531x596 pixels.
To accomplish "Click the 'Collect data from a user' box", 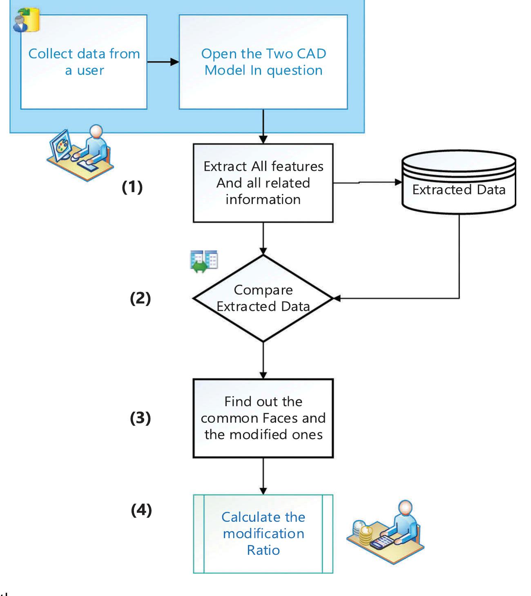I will pyautogui.click(x=84, y=62).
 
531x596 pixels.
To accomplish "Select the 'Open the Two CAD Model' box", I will pyautogui.click(x=263, y=62).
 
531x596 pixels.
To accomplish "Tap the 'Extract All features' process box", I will pyautogui.click(x=263, y=183).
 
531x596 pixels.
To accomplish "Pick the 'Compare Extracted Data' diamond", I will pyautogui.click(x=263, y=298).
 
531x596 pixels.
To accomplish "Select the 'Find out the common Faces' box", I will pyautogui.click(x=263, y=418).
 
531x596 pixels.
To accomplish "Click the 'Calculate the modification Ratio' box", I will pyautogui.click(x=263, y=534).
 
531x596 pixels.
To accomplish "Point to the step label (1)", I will pyautogui.click(x=132, y=187).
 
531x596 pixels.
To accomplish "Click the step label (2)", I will pyautogui.click(x=140, y=299).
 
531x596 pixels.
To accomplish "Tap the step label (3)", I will pyautogui.click(x=140, y=418).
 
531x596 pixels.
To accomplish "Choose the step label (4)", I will pyautogui.click(x=141, y=510).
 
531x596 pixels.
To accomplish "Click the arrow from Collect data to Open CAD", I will pyautogui.click(x=163, y=62).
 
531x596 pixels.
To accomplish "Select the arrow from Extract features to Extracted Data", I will pyautogui.click(x=368, y=183).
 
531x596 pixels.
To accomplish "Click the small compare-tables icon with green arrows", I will pyautogui.click(x=204, y=261).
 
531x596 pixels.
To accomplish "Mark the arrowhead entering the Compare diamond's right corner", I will pyautogui.click(x=337, y=299).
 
